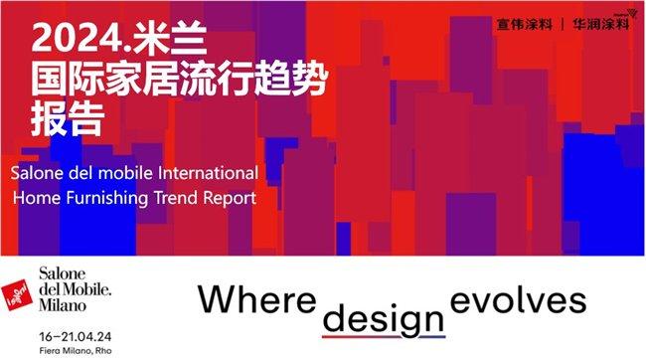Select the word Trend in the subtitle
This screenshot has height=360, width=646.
(175, 197)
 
